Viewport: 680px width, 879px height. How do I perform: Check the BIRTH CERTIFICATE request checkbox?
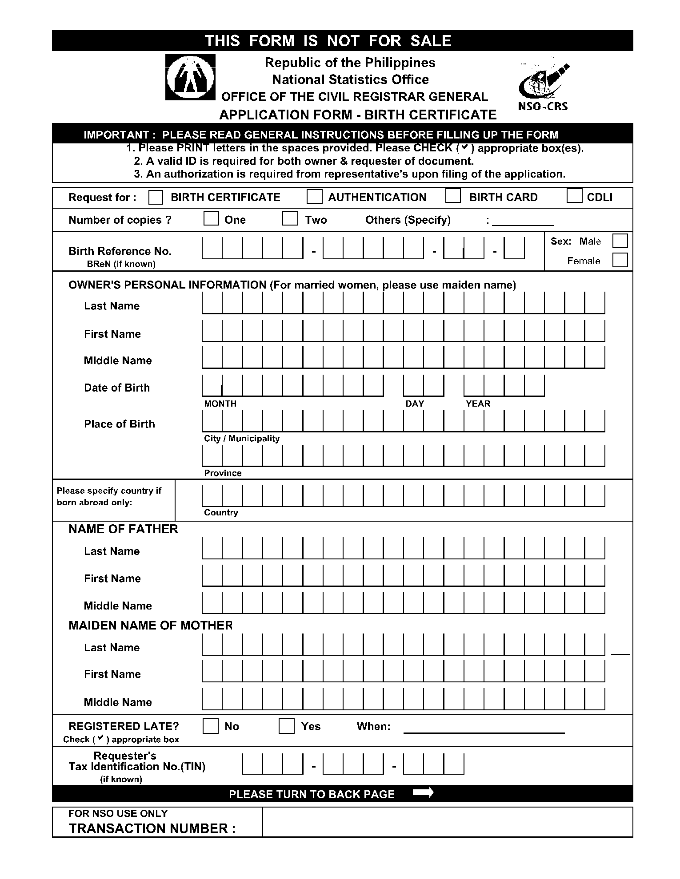(156, 197)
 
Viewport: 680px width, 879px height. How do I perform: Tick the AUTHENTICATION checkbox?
(314, 197)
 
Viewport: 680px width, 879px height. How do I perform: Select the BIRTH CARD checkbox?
(453, 196)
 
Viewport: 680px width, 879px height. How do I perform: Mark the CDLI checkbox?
(574, 196)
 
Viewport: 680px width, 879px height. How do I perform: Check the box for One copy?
(211, 218)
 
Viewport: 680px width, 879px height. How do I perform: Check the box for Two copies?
(290, 218)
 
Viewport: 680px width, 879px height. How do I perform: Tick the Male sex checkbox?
(620, 241)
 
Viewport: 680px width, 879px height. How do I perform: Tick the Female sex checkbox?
(620, 260)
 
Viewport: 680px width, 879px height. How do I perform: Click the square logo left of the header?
(190, 77)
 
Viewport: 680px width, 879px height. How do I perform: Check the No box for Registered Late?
(211, 726)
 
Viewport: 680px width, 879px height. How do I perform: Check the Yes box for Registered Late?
(287, 726)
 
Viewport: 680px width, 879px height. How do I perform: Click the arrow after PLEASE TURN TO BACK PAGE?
(423, 793)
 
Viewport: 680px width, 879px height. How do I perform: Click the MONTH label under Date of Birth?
(220, 404)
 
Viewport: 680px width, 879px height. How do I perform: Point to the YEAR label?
(478, 404)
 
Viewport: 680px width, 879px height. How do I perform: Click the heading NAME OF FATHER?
(123, 529)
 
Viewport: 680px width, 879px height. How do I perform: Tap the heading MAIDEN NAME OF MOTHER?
(150, 625)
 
